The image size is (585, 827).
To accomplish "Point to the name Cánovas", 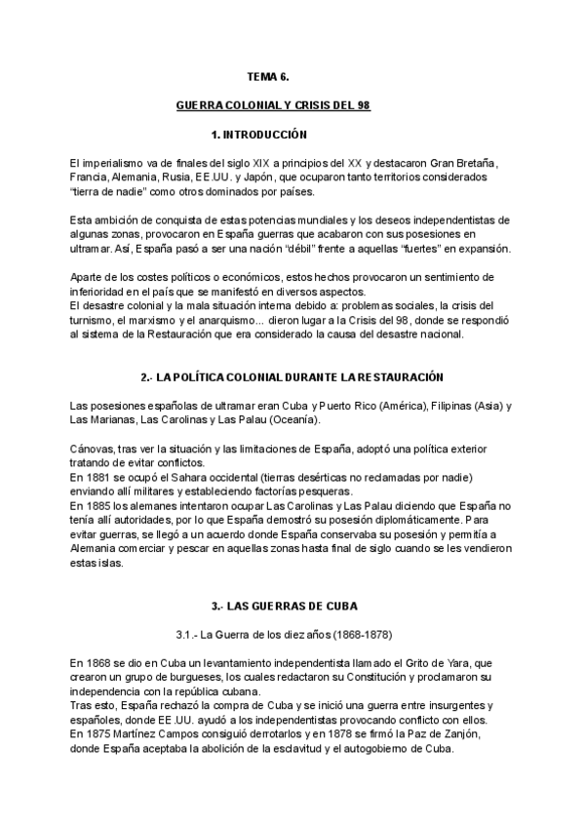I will click(x=95, y=448).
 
